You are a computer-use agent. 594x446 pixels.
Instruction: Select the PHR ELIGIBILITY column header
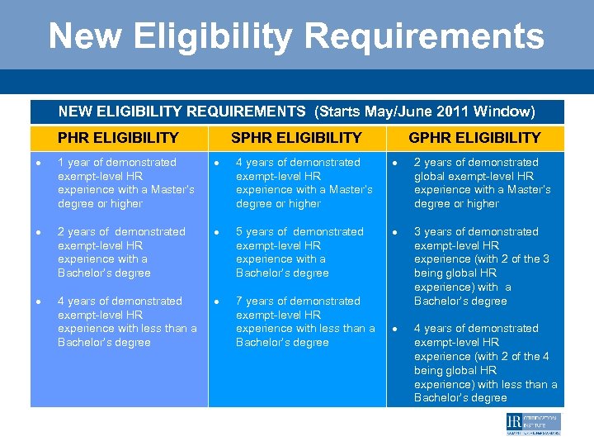pyautogui.click(x=118, y=138)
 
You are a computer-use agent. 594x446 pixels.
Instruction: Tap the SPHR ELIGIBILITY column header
pyautogui.click(x=296, y=138)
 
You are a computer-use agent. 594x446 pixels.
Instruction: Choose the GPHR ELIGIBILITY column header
pyautogui.click(x=474, y=138)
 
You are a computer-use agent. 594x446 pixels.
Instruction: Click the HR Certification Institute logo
pyautogui.click(x=533, y=424)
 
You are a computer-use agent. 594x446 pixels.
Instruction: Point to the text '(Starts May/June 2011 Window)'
pyautogui.click(x=425, y=111)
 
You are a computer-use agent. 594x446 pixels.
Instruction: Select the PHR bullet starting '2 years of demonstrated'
pyautogui.click(x=121, y=252)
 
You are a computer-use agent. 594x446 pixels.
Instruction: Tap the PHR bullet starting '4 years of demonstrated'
pyautogui.click(x=127, y=321)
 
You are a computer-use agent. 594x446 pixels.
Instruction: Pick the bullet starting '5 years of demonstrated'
pyautogui.click(x=299, y=252)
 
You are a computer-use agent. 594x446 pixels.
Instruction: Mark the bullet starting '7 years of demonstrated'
pyautogui.click(x=305, y=321)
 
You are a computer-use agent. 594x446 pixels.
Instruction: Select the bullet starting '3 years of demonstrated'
pyautogui.click(x=482, y=266)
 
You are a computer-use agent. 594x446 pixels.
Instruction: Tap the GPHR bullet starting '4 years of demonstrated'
pyautogui.click(x=485, y=363)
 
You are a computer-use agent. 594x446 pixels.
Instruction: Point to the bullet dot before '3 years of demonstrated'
pyautogui.click(x=395, y=232)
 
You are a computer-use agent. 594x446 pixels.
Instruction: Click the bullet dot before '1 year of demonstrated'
pyautogui.click(x=39, y=163)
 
